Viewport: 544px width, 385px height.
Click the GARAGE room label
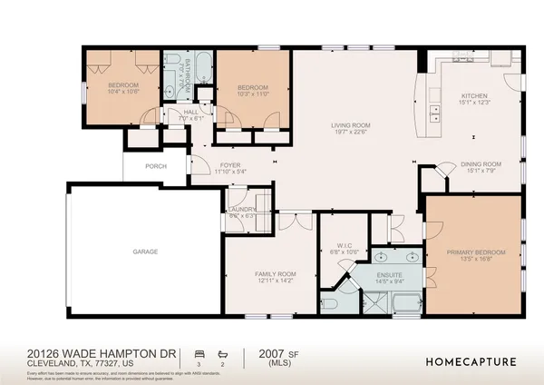coord(145,251)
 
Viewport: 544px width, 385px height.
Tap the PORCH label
coord(157,167)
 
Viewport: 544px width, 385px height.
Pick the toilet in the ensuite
coord(328,303)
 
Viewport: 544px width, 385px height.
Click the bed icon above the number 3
coord(199,351)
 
